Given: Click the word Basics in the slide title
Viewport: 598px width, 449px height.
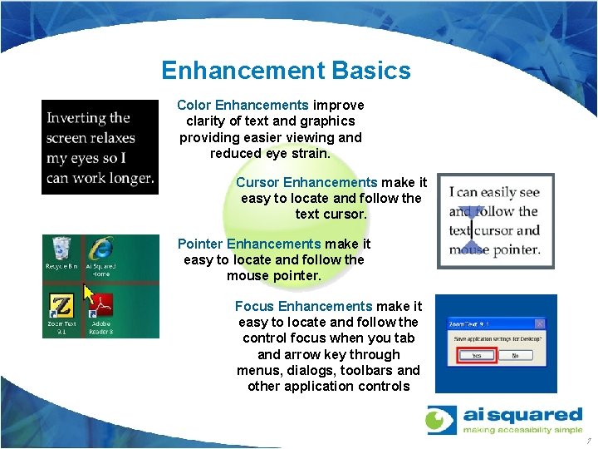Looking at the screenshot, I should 370,71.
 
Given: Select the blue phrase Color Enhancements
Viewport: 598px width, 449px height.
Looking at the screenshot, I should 243,106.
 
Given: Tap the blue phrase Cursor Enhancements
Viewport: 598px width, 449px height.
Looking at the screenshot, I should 306,182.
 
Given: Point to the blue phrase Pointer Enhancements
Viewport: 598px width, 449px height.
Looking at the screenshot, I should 248,244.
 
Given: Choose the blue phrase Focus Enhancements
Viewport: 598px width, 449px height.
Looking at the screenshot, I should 303,307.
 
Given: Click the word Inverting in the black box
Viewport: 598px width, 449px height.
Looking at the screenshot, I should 77,118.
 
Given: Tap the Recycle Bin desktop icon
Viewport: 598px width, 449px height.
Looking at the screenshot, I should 61,250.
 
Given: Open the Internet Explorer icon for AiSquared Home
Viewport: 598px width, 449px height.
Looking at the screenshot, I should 101,249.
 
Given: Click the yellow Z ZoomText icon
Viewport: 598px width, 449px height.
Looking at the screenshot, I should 61,305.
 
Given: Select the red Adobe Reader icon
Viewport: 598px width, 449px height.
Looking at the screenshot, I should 101,305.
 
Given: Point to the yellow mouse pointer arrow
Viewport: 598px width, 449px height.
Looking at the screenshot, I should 88,294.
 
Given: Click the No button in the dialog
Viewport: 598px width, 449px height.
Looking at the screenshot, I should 515,355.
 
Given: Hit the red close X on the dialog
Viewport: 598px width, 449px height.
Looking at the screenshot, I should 540,323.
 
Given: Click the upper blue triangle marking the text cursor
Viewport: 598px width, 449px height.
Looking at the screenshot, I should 471,213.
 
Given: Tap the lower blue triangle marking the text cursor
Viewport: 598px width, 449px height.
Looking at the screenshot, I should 471,247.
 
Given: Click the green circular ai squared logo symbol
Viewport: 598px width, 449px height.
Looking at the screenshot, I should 442,420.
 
